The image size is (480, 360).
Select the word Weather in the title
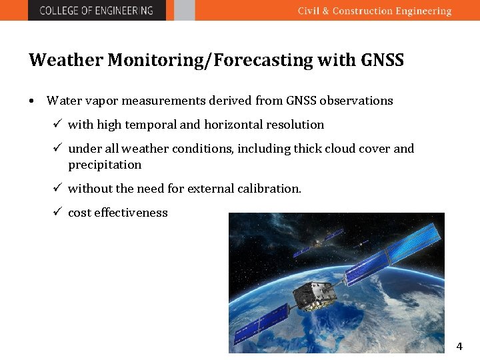tap(65, 60)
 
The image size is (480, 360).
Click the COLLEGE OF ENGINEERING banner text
tap(96, 10)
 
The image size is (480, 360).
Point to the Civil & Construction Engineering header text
tap(374, 11)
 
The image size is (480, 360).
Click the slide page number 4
tap(459, 346)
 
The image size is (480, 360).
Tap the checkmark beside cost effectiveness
tap(57, 212)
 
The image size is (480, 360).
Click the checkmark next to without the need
tap(57, 188)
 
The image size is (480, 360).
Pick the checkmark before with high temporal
tap(57, 124)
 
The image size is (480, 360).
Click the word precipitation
tap(105, 165)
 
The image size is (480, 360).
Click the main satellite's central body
tap(313, 295)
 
